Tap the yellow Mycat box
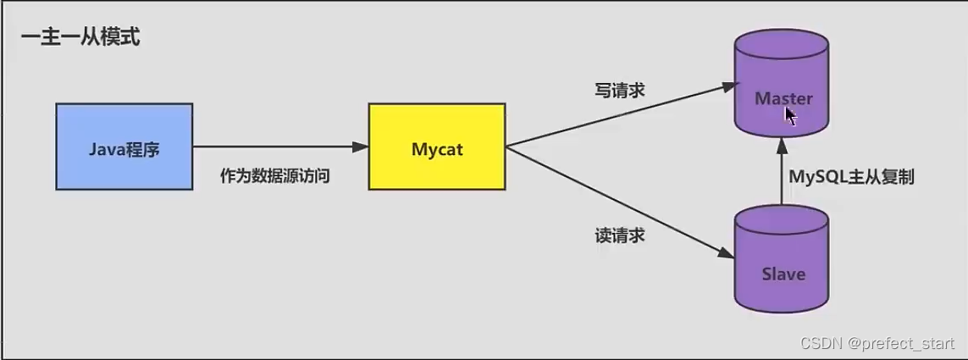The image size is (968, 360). coord(437,146)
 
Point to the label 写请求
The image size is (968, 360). coord(619,90)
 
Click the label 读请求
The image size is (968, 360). coord(619,235)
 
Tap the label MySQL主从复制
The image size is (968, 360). coord(851,177)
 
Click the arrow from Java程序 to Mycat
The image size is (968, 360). coord(279,147)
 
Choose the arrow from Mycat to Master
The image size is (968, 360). coord(618,115)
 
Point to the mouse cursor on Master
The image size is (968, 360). coord(789,114)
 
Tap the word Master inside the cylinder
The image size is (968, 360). coord(783,99)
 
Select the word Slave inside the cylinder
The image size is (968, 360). coord(783,274)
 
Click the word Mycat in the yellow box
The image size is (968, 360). coord(437,149)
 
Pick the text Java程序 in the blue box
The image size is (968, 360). coord(124,150)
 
